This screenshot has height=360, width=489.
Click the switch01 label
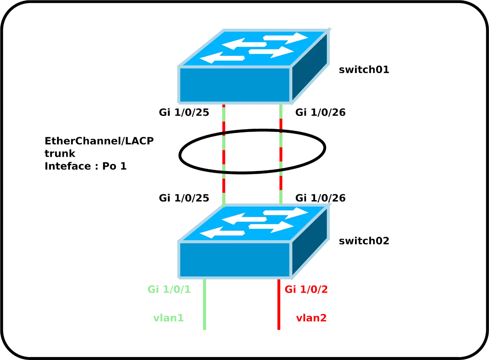[x=364, y=70]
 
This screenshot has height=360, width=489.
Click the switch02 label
[x=364, y=241]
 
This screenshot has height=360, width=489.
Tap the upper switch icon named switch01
[x=254, y=66]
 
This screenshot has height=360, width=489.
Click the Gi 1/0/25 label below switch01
[x=184, y=113]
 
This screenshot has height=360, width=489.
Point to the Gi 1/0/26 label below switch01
[x=320, y=113]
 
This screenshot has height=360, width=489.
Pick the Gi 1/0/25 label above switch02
[x=184, y=198]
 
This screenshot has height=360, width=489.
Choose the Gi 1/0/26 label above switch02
[x=320, y=198]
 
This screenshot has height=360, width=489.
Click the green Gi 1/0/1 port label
[x=170, y=290]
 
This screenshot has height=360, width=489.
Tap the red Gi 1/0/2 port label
[x=306, y=290]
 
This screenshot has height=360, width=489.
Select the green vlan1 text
[x=168, y=318]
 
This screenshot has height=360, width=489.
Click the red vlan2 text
[x=311, y=318]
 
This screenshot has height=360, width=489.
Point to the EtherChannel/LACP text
[x=99, y=141]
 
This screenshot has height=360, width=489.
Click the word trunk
[x=60, y=154]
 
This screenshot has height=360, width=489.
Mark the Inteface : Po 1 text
[x=86, y=166]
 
